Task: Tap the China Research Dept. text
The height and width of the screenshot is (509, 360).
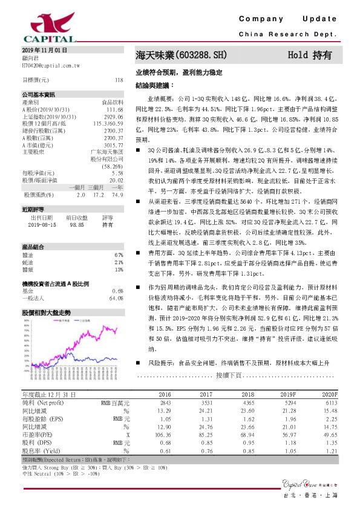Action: [x=287, y=35]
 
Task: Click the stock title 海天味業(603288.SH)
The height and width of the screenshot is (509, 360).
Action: [x=181, y=54]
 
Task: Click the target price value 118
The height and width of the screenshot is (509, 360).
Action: [x=119, y=80]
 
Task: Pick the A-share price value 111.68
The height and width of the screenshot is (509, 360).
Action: [x=114, y=109]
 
